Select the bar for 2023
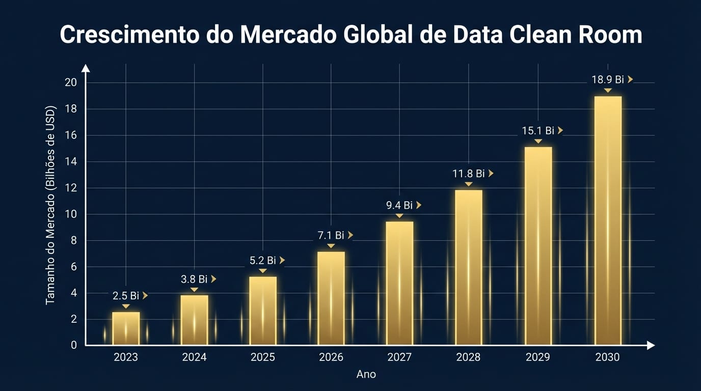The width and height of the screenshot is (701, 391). (x=126, y=328)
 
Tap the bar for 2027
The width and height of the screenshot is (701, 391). (x=399, y=283)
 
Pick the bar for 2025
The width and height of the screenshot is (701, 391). (x=263, y=311)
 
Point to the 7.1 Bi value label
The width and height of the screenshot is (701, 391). (x=331, y=235)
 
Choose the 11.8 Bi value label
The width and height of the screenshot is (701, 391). (x=468, y=174)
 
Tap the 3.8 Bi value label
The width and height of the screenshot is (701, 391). (x=194, y=279)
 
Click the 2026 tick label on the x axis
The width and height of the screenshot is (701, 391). (x=331, y=357)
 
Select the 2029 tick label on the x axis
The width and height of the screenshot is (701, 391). (x=537, y=357)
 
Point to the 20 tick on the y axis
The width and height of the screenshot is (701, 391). (x=71, y=82)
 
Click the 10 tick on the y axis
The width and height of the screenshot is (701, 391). (x=71, y=214)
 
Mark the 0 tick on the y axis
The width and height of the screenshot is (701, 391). (x=74, y=345)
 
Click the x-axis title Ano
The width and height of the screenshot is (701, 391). (x=366, y=374)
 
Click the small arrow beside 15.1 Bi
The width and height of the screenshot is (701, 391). (x=560, y=130)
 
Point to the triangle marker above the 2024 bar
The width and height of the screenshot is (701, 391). (x=194, y=290)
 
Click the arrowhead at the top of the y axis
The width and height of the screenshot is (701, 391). (x=86, y=68)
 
